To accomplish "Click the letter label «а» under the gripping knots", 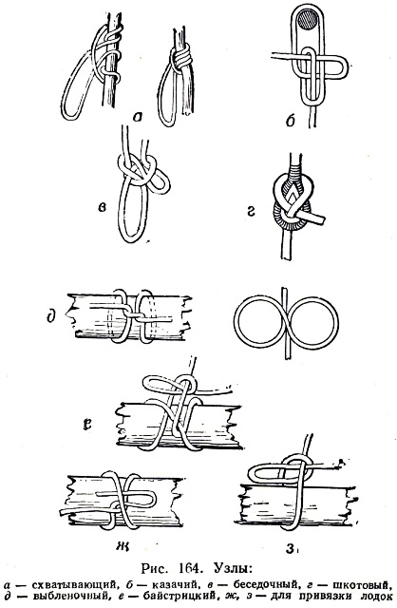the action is coord(138,117).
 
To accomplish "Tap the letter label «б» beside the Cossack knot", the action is coord(290,121).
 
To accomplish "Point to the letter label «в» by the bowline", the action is coord(102,208).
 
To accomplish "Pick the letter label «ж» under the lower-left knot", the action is coord(122,547).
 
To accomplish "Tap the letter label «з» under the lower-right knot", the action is coord(290,548).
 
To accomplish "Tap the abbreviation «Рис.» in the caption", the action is coord(154,569).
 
